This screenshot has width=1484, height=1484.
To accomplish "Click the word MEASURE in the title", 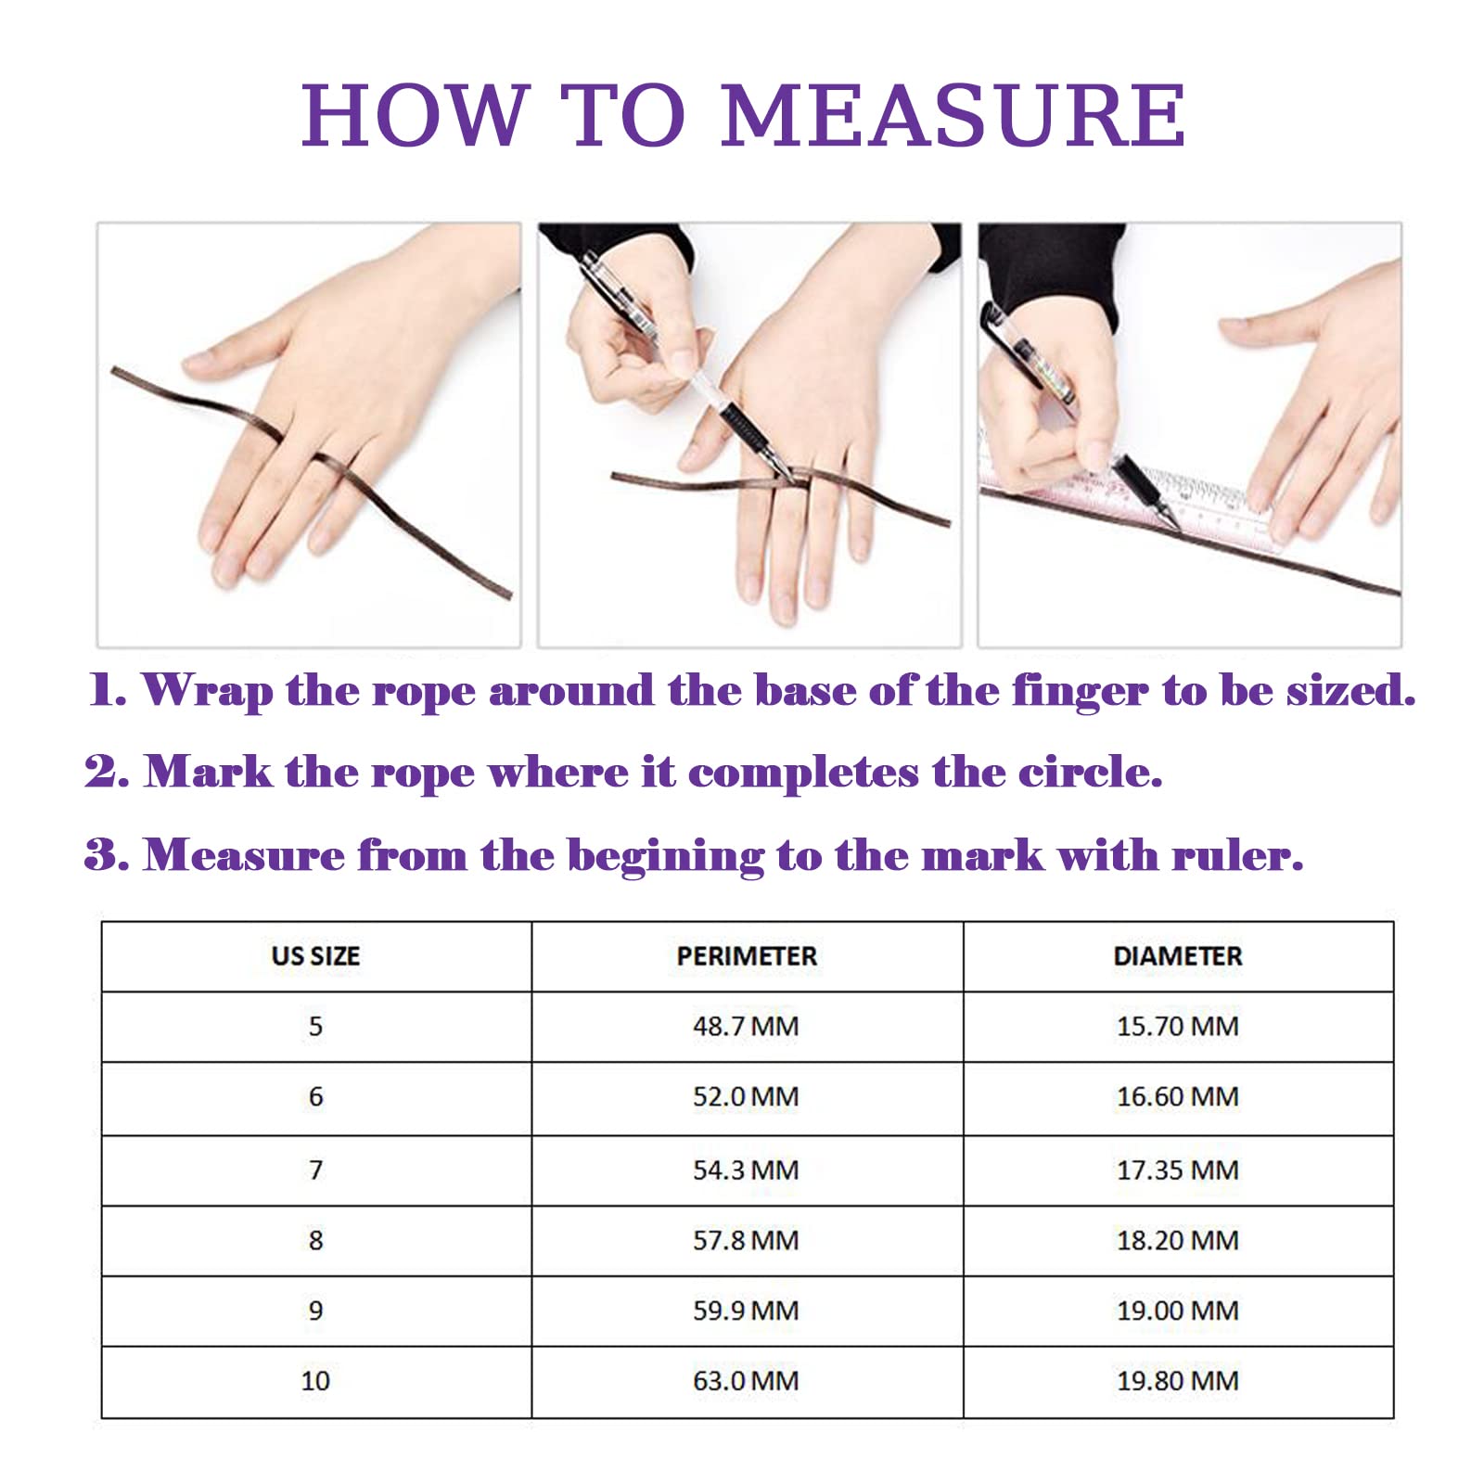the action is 953,115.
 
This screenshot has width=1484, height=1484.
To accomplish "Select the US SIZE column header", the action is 315,956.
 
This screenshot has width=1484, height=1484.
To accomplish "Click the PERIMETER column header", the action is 747,956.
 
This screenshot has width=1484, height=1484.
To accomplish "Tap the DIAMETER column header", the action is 1178,956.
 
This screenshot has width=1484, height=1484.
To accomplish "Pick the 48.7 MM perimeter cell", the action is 746,1027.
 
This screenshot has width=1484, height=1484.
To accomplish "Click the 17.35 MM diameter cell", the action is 1178,1171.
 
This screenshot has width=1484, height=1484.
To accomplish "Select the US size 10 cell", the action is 315,1381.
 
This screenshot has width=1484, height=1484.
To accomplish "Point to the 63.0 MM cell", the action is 746,1381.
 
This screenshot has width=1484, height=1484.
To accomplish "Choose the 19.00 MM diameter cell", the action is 1178,1311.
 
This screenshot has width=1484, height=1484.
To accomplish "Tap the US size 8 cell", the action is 315,1241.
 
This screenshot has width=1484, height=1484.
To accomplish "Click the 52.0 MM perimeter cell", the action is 746,1097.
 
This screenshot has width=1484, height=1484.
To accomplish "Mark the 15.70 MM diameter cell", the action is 1178,1027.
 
